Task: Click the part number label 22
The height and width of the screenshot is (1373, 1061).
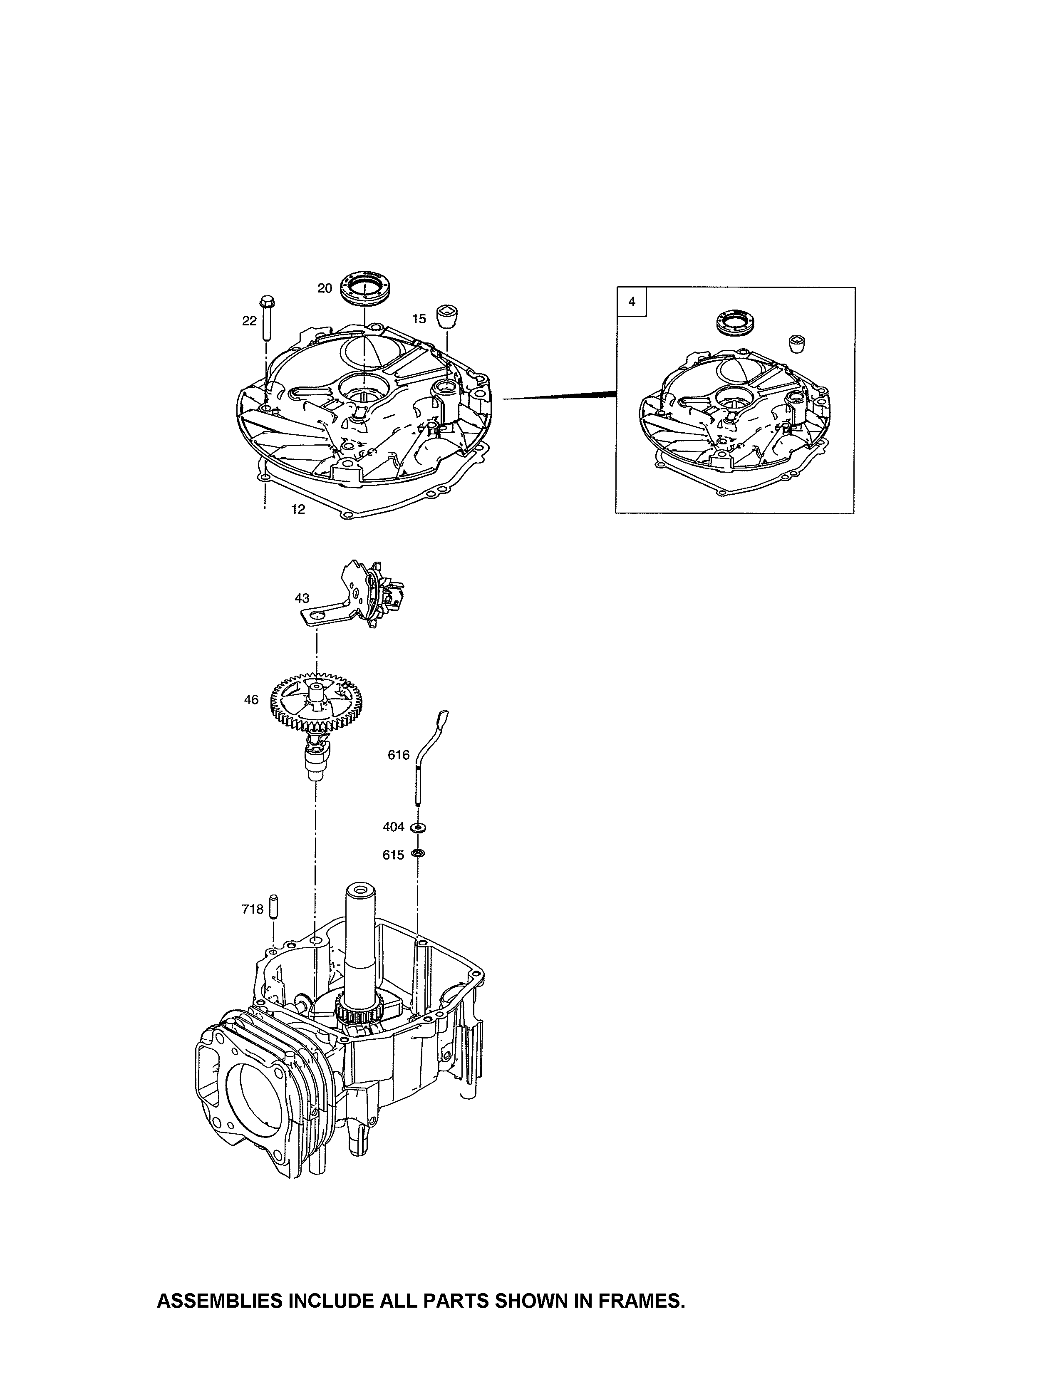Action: click(250, 321)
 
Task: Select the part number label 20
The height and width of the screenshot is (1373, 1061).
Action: click(325, 288)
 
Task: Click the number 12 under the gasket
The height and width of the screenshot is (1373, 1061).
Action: click(298, 509)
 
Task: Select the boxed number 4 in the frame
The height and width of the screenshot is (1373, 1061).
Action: click(632, 302)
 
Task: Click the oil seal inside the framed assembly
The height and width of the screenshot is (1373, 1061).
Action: click(733, 323)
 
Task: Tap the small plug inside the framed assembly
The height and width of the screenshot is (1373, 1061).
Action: click(797, 344)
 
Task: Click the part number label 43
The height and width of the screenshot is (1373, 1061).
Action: click(302, 598)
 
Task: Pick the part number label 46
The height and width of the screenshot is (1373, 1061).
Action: click(251, 700)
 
